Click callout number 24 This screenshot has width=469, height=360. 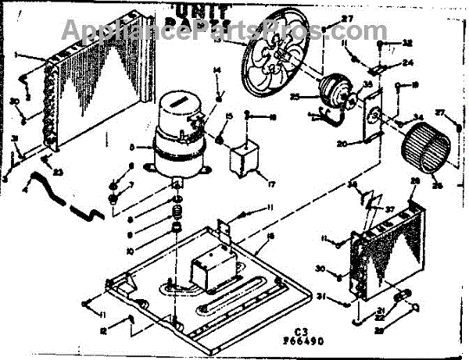tap(407, 63)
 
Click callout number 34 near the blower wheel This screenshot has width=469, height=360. tap(418, 119)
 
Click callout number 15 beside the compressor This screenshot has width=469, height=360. tap(228, 117)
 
